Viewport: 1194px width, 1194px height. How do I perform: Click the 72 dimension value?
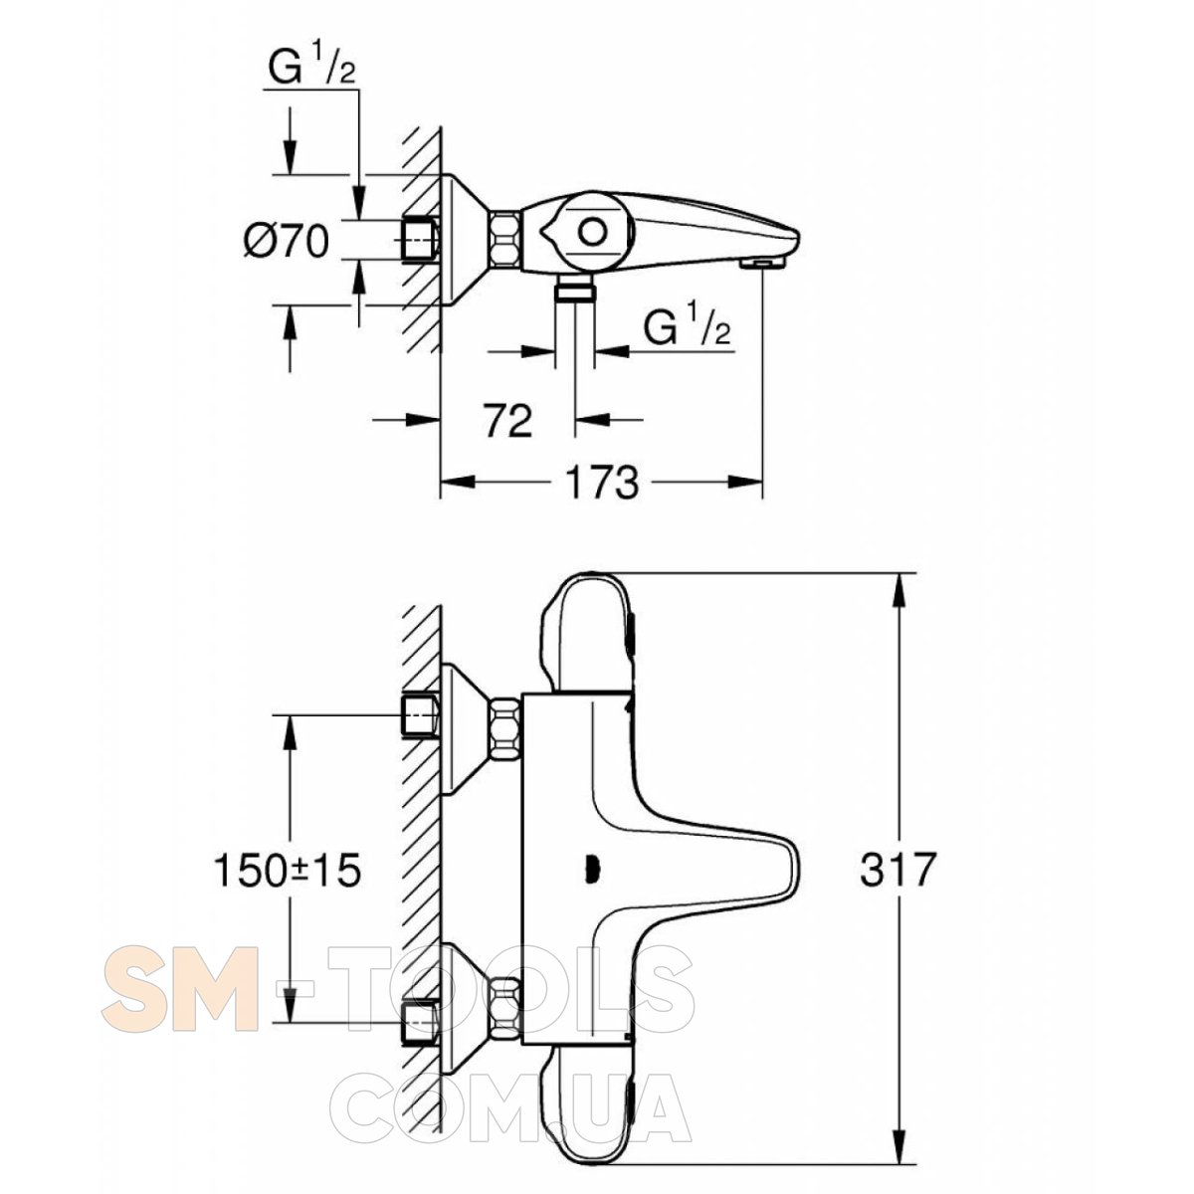508,421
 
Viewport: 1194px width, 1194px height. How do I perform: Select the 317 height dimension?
895,870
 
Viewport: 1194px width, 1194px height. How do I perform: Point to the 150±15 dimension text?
287,870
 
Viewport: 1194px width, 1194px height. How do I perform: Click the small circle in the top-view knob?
592,234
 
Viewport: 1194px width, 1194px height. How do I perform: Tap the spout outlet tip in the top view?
761,264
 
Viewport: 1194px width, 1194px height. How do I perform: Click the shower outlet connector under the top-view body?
574,292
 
